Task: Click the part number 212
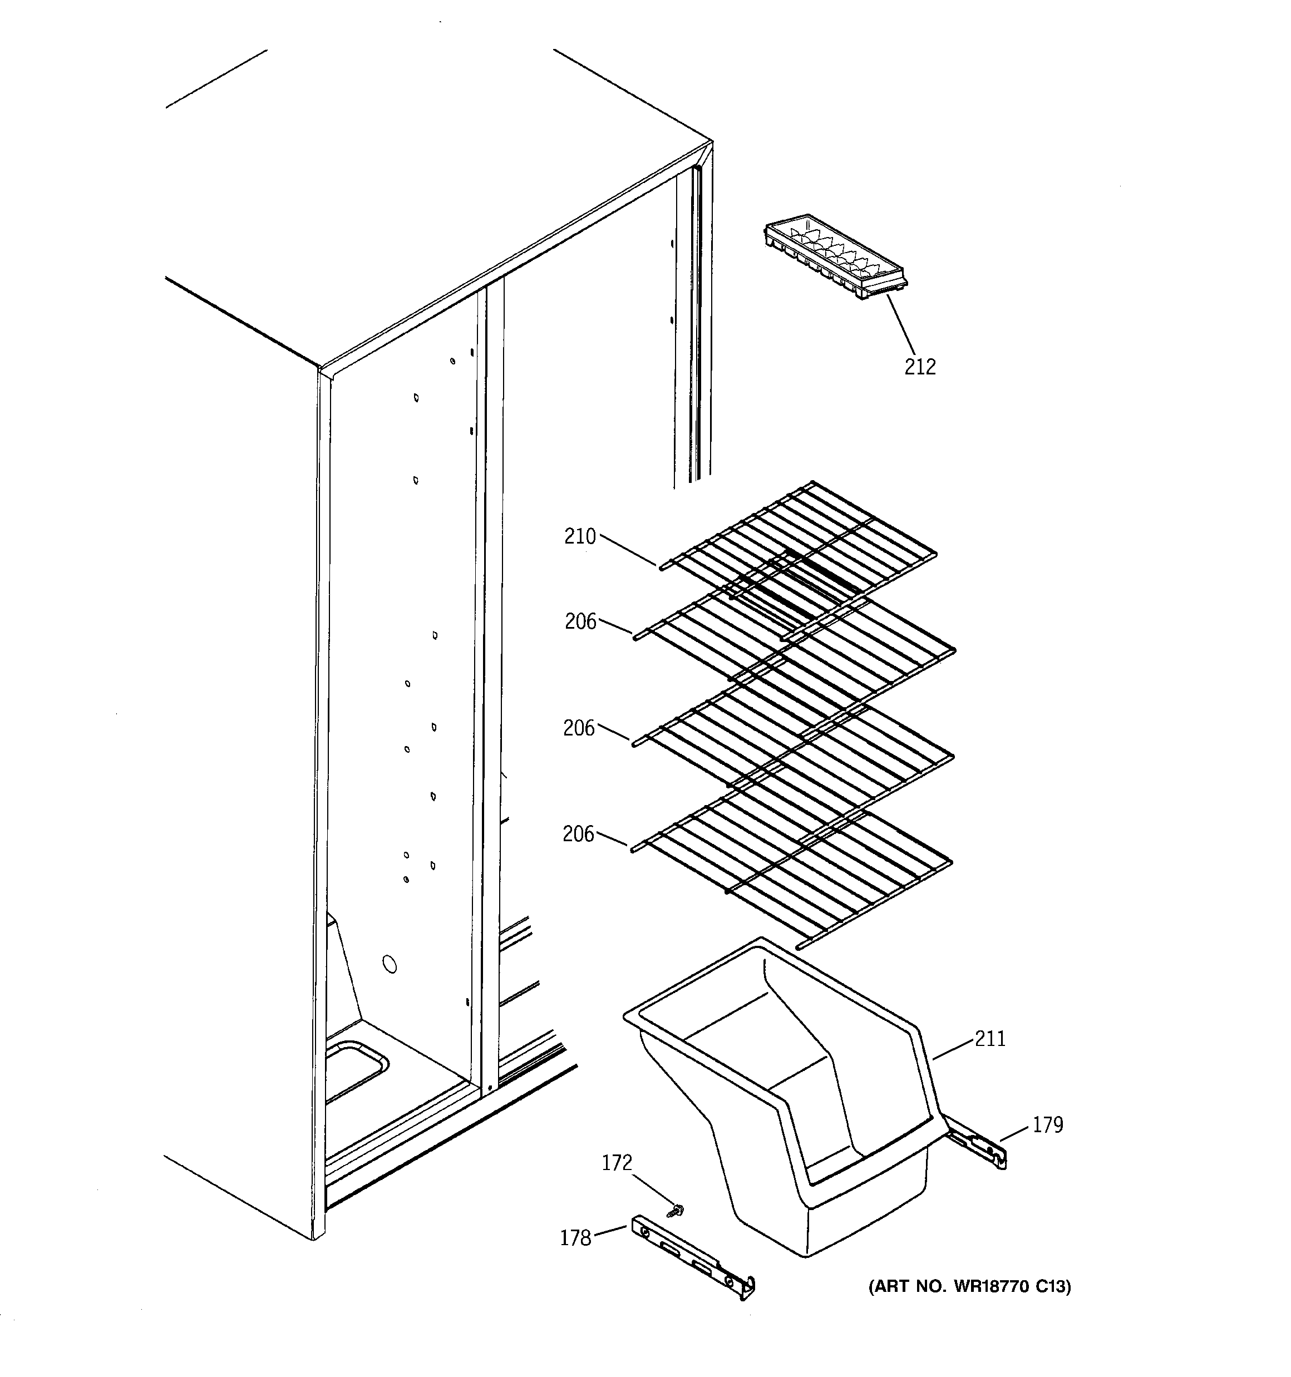[920, 367]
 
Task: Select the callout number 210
[580, 536]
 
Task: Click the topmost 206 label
[580, 622]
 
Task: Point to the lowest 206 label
[579, 834]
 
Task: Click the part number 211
[989, 1039]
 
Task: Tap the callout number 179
[1047, 1125]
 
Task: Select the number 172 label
[617, 1163]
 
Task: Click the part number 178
[575, 1238]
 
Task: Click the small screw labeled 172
[672, 1210]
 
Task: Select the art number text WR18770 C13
[969, 1287]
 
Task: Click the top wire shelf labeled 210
[797, 554]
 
